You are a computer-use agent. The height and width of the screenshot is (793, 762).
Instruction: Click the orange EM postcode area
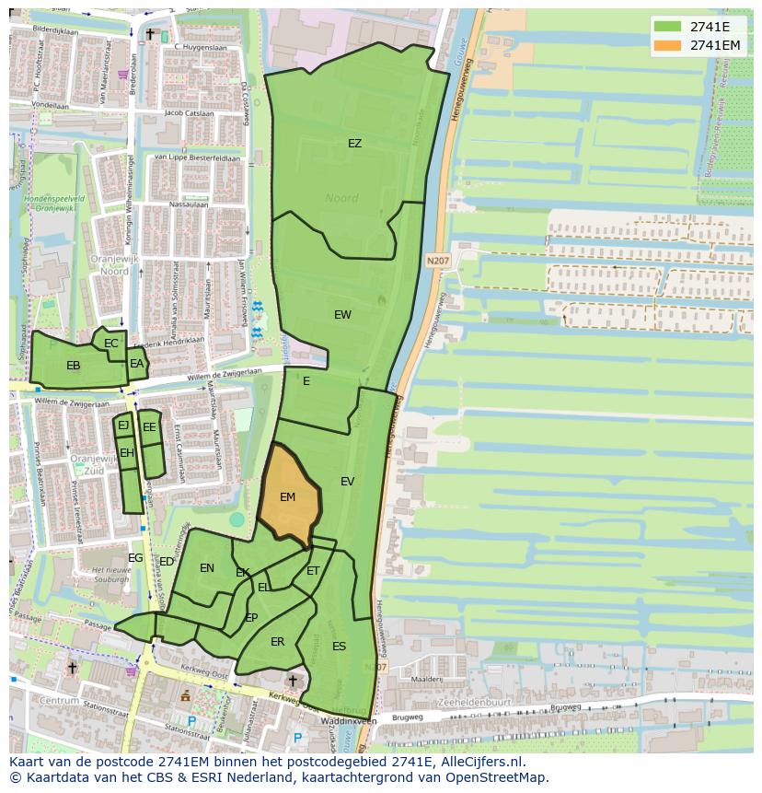click(289, 497)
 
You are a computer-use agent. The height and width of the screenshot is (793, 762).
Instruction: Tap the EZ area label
click(354, 144)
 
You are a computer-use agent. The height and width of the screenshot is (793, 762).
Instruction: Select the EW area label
click(342, 315)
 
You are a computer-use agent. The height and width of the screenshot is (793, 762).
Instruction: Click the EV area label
click(347, 482)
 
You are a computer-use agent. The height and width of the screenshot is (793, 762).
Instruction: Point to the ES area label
click(339, 647)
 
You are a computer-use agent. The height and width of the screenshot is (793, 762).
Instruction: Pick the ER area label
click(277, 642)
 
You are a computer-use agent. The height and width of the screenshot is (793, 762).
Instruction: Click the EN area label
click(207, 568)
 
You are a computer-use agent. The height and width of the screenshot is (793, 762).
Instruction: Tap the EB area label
click(74, 366)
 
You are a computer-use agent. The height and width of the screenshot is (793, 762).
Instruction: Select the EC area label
click(111, 344)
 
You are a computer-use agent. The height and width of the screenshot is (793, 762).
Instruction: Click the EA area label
click(136, 364)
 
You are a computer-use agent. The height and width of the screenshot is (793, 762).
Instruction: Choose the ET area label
click(313, 572)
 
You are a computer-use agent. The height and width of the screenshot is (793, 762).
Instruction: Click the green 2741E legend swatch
click(668, 27)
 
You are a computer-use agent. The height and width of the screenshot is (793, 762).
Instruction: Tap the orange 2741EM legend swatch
click(668, 45)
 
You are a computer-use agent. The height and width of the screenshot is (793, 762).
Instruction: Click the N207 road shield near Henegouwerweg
click(438, 262)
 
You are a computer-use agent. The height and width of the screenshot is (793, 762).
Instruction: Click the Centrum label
click(34, 701)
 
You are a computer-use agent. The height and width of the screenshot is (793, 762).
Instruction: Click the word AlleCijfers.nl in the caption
click(483, 763)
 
